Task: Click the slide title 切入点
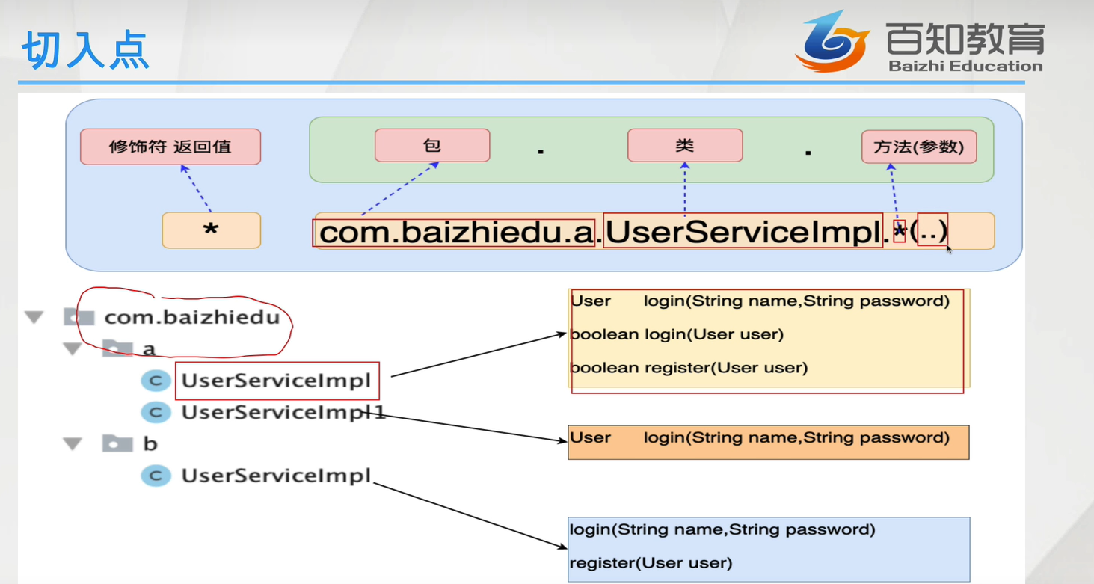84,50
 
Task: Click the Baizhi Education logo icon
832,42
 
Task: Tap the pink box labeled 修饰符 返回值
170,147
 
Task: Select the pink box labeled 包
432,145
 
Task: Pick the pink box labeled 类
685,145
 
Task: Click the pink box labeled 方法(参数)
919,147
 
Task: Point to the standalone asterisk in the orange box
211,231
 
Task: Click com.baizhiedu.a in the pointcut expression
455,233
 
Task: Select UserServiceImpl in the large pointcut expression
743,233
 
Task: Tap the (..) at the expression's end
932,231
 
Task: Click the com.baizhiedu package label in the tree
191,317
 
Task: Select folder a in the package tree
149,349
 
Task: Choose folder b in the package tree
150,444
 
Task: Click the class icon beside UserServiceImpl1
156,412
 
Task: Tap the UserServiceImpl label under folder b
276,476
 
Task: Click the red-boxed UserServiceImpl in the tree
276,381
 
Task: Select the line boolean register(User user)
688,368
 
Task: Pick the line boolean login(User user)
676,334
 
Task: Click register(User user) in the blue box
651,563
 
